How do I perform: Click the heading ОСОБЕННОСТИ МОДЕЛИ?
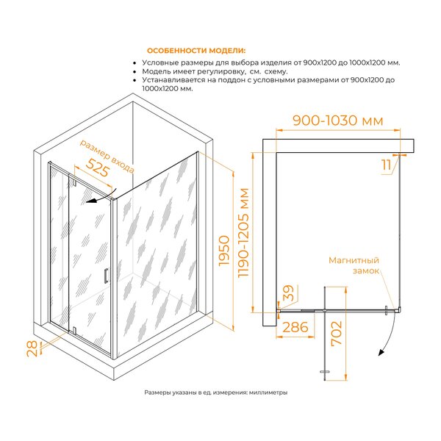coord(196,51)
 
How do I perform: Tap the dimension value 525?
coord(97,168)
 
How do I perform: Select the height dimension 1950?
coord(225,251)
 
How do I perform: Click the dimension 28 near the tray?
coord(32,348)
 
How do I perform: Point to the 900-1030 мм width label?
coord(338,121)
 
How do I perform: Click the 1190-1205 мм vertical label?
coord(243,233)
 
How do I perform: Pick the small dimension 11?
coord(386,165)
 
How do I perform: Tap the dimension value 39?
coord(288,293)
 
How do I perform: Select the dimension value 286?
coord(295,327)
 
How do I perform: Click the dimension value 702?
coord(337,333)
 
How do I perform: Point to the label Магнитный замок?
coord(354,265)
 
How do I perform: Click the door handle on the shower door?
coord(106,276)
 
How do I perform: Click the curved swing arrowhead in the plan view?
coord(381,352)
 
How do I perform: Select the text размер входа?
coord(107,157)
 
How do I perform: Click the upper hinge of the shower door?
coord(75,182)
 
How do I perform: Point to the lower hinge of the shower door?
coord(74,330)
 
